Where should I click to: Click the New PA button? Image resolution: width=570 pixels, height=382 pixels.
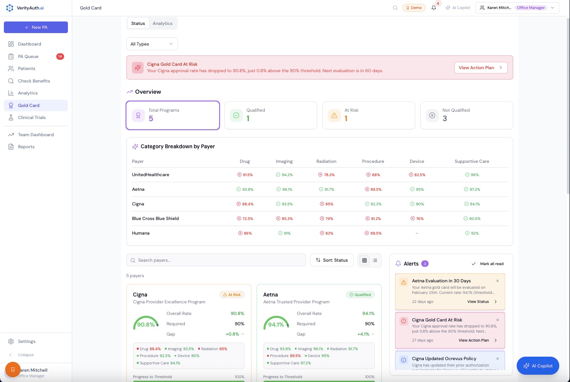tap(36, 27)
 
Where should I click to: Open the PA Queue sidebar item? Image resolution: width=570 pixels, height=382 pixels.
tap(28, 56)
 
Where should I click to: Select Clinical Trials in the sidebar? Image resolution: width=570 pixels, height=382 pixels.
tap(31, 117)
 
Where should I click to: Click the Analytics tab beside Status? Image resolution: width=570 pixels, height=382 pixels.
tap(162, 24)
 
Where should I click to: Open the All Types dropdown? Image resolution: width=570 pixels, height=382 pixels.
tap(152, 44)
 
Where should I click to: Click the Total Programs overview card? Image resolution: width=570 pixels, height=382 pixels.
tap(173, 115)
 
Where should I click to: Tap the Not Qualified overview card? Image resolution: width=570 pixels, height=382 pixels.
tap(466, 115)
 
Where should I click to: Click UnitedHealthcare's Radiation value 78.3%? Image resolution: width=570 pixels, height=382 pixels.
tap(327, 175)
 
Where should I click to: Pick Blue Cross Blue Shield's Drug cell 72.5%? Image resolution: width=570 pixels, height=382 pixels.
tap(245, 219)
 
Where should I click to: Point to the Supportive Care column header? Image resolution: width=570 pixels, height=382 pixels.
tap(472, 162)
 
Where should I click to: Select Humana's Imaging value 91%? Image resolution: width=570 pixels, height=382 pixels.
tap(284, 233)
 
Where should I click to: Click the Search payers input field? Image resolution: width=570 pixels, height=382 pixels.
tap(216, 260)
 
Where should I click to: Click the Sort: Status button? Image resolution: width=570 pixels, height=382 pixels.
tap(332, 260)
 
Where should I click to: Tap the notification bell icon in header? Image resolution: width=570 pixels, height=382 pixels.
tap(434, 8)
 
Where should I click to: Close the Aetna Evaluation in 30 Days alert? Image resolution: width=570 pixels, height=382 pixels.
tap(497, 281)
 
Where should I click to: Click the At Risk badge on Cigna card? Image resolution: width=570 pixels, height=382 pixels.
tap(232, 295)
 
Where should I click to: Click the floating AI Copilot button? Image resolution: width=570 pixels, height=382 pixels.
tap(538, 366)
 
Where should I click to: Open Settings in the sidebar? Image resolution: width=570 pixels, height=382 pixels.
tap(27, 341)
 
